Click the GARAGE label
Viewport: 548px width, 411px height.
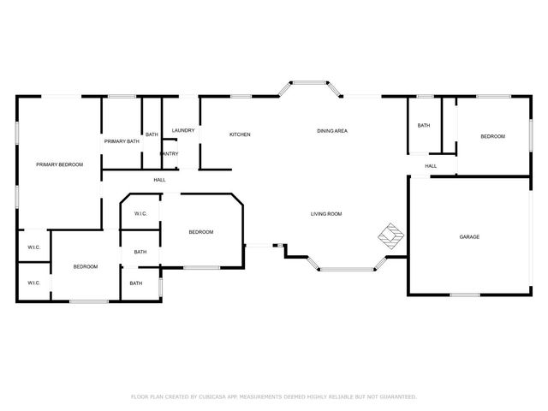469,236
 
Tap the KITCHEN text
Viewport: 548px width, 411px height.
240,134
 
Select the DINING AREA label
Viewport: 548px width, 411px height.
331,131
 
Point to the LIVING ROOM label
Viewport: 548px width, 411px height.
326,213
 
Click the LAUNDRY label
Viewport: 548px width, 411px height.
183,130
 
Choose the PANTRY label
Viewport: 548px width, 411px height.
169,153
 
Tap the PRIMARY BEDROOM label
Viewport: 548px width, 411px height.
59,164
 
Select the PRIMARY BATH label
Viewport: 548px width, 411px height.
122,141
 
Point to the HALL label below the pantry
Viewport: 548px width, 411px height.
160,180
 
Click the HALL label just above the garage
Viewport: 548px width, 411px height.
431,166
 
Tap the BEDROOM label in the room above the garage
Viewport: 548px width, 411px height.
492,137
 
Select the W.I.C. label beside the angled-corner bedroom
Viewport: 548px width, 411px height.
141,214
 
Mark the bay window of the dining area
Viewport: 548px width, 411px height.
309,84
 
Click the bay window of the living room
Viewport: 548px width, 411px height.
347,270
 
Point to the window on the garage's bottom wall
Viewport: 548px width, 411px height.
465,295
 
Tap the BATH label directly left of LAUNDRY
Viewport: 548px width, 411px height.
152,134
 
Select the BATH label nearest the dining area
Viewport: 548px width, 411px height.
423,126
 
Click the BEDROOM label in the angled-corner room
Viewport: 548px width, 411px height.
200,232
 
